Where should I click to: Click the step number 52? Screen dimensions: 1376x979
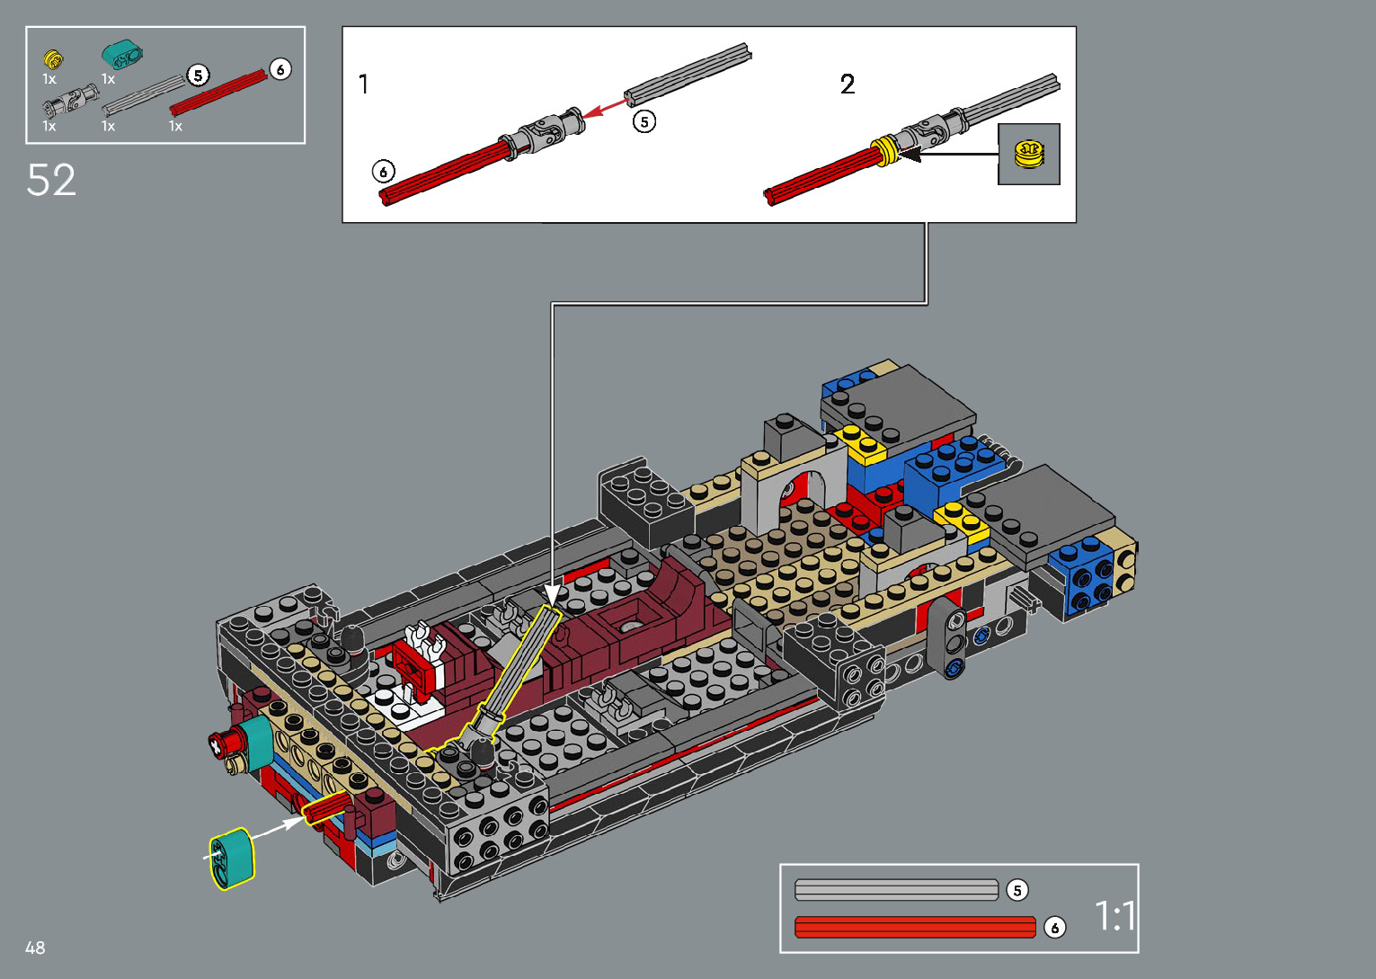click(51, 180)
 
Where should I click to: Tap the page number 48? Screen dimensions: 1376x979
click(35, 948)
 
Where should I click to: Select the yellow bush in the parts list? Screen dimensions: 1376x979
click(53, 59)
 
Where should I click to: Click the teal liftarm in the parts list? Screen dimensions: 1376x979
click(122, 56)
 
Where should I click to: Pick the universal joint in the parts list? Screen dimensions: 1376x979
click(70, 100)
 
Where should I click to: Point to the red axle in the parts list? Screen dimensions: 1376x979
click(218, 93)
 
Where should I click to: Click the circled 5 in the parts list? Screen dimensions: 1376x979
click(198, 76)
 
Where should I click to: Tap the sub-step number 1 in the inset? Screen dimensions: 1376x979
click(364, 84)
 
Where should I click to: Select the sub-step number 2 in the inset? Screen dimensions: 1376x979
click(848, 85)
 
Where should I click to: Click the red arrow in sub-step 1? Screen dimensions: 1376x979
click(605, 106)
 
